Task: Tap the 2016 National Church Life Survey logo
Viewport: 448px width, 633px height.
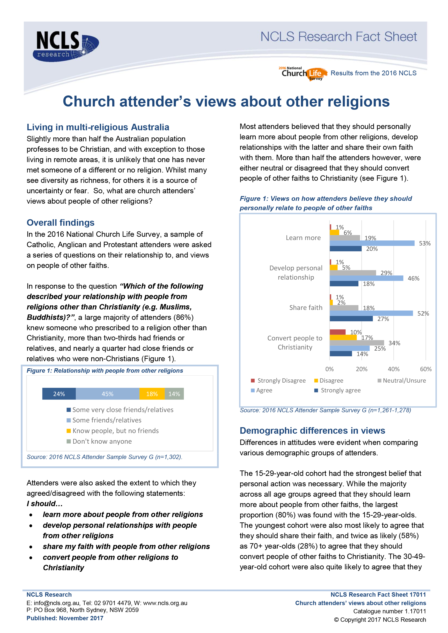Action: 303,73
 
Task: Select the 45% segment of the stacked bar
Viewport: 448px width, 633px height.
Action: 107,394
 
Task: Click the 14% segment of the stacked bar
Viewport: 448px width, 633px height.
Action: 174,394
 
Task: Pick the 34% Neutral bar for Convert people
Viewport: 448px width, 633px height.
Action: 356,343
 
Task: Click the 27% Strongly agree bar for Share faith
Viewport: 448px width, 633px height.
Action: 351,319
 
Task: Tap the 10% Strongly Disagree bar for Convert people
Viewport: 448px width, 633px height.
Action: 337,332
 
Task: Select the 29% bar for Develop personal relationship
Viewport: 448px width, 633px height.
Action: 353,273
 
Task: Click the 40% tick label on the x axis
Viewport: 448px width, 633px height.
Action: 393,369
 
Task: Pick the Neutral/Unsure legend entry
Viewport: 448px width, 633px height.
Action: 402,380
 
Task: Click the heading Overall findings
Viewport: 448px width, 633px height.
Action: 60,222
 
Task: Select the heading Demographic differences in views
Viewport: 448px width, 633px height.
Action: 312,430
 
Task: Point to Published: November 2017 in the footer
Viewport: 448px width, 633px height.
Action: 65,618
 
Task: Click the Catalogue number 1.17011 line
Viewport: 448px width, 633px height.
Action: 390,611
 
